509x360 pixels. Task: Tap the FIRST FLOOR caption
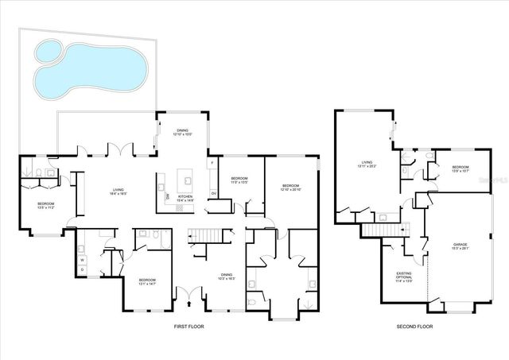(191, 327)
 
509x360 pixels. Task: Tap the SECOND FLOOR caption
(414, 327)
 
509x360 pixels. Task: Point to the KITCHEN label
(185, 199)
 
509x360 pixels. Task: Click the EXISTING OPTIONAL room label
(404, 277)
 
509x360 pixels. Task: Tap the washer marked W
(83, 259)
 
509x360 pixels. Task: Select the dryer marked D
(83, 270)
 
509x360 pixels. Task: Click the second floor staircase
(379, 230)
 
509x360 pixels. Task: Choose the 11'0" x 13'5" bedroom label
(239, 180)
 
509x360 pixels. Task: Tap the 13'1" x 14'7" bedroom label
(147, 282)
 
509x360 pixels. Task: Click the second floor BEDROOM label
(461, 168)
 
